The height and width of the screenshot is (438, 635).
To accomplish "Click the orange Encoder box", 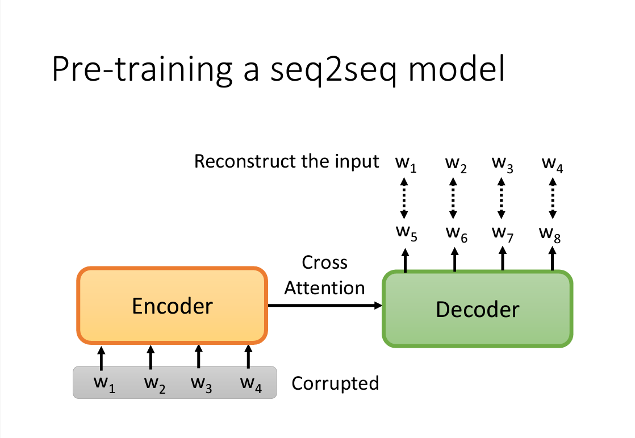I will (x=172, y=306).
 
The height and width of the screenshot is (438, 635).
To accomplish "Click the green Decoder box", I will (x=477, y=309).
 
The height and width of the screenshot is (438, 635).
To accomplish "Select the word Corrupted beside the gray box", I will (x=335, y=383).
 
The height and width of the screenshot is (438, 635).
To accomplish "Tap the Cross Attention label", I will (x=324, y=276).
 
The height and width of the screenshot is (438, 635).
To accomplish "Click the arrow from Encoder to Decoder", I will (x=324, y=306).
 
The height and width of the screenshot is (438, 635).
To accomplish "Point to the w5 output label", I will (x=406, y=233).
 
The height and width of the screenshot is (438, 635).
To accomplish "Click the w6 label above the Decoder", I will (x=456, y=233).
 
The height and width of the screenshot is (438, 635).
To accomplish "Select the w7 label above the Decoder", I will (x=502, y=233).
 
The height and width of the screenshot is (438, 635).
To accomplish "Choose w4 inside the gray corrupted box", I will (x=250, y=383).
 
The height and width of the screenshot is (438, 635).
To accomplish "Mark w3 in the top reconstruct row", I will (x=502, y=164).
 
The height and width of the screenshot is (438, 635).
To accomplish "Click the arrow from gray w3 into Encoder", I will (x=198, y=357).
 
